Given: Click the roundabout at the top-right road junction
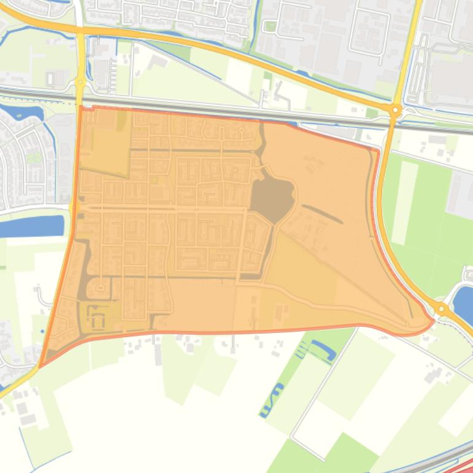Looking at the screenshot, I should pyautogui.click(x=396, y=111).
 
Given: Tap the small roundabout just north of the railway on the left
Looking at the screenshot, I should pyautogui.click(x=80, y=81).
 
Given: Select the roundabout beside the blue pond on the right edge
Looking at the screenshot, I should pyautogui.click(x=441, y=308).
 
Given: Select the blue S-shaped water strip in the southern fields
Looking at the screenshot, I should pyautogui.click(x=272, y=399).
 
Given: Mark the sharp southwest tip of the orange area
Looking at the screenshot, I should pyautogui.click(x=40, y=367).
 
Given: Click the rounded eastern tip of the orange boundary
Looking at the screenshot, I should pyautogui.click(x=432, y=320).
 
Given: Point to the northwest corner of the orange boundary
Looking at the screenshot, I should pyautogui.click(x=80, y=107).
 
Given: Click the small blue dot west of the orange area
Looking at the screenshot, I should pyautogui.click(x=42, y=331).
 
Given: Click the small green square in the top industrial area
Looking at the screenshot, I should pyautogui.click(x=270, y=26).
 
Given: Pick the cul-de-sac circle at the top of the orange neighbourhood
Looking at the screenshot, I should pyautogui.click(x=241, y=130).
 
